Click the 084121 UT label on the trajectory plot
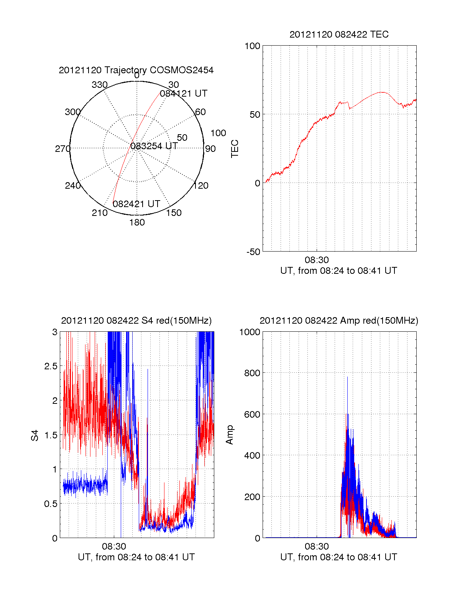click(184, 94)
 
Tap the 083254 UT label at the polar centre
click(154, 146)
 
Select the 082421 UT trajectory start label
click(136, 204)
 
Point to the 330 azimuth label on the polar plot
click(100, 85)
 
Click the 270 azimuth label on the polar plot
click(62, 149)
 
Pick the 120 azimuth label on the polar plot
click(201, 186)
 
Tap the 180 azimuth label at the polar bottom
click(137, 222)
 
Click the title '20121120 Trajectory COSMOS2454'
click(136, 70)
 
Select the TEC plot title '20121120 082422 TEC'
click(339, 35)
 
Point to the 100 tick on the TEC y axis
click(252, 46)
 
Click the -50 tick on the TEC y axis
click(253, 252)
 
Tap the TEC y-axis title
click(235, 149)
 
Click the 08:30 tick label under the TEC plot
click(317, 260)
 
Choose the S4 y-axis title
click(35, 435)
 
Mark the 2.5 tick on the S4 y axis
click(51, 366)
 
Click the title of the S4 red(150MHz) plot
click(136, 321)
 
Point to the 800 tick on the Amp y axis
click(252, 373)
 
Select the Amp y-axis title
click(230, 435)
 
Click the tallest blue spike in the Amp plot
click(347, 378)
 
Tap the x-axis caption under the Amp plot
click(338, 557)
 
